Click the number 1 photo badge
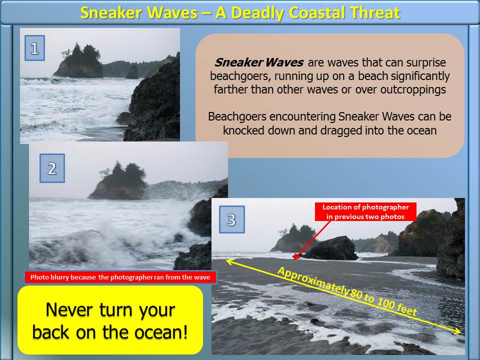(x=34, y=48)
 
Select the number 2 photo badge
(x=52, y=168)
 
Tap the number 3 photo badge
(x=231, y=219)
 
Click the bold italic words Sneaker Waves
(x=259, y=62)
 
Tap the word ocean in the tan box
(x=421, y=130)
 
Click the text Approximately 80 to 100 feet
(x=347, y=291)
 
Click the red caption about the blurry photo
(x=120, y=277)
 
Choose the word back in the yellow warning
(x=50, y=332)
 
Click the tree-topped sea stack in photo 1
(x=79, y=61)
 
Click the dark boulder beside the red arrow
(x=332, y=248)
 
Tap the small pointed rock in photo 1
(x=132, y=72)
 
